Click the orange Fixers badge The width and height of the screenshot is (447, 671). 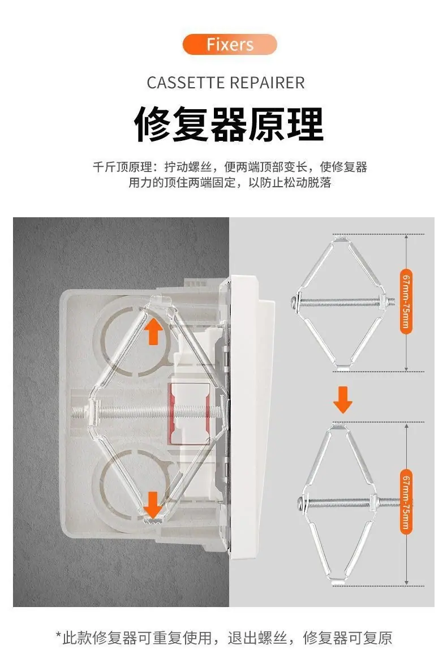click(x=230, y=45)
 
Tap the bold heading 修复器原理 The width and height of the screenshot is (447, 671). click(x=229, y=124)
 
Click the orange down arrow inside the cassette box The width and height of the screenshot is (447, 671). click(x=153, y=505)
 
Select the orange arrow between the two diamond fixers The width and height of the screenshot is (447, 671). click(x=342, y=399)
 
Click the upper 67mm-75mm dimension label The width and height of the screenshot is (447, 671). click(x=406, y=301)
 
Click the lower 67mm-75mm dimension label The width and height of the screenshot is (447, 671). click(x=406, y=501)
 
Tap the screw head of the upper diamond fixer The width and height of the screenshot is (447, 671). click(x=293, y=303)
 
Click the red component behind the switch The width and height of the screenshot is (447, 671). click(x=189, y=413)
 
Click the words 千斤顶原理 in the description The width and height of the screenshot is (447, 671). click(x=122, y=167)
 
